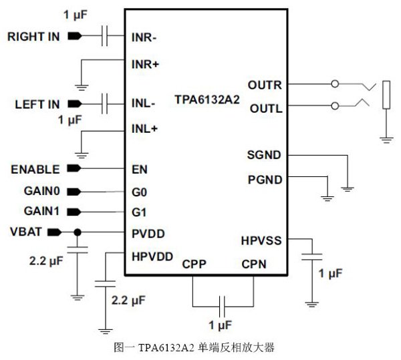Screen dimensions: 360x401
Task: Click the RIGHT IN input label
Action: tap(33, 36)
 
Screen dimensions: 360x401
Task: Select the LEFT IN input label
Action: tap(37, 105)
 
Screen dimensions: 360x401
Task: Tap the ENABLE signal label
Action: tap(35, 169)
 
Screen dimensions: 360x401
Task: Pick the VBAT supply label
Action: tap(26, 232)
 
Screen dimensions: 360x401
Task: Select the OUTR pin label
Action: tap(265, 85)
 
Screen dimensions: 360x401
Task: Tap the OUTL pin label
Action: tap(265, 108)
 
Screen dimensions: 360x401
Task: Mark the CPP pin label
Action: tap(194, 263)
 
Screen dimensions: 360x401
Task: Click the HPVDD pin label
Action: tap(152, 256)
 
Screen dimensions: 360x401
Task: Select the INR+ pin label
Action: tap(145, 63)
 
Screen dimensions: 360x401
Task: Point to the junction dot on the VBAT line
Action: tap(78, 232)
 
